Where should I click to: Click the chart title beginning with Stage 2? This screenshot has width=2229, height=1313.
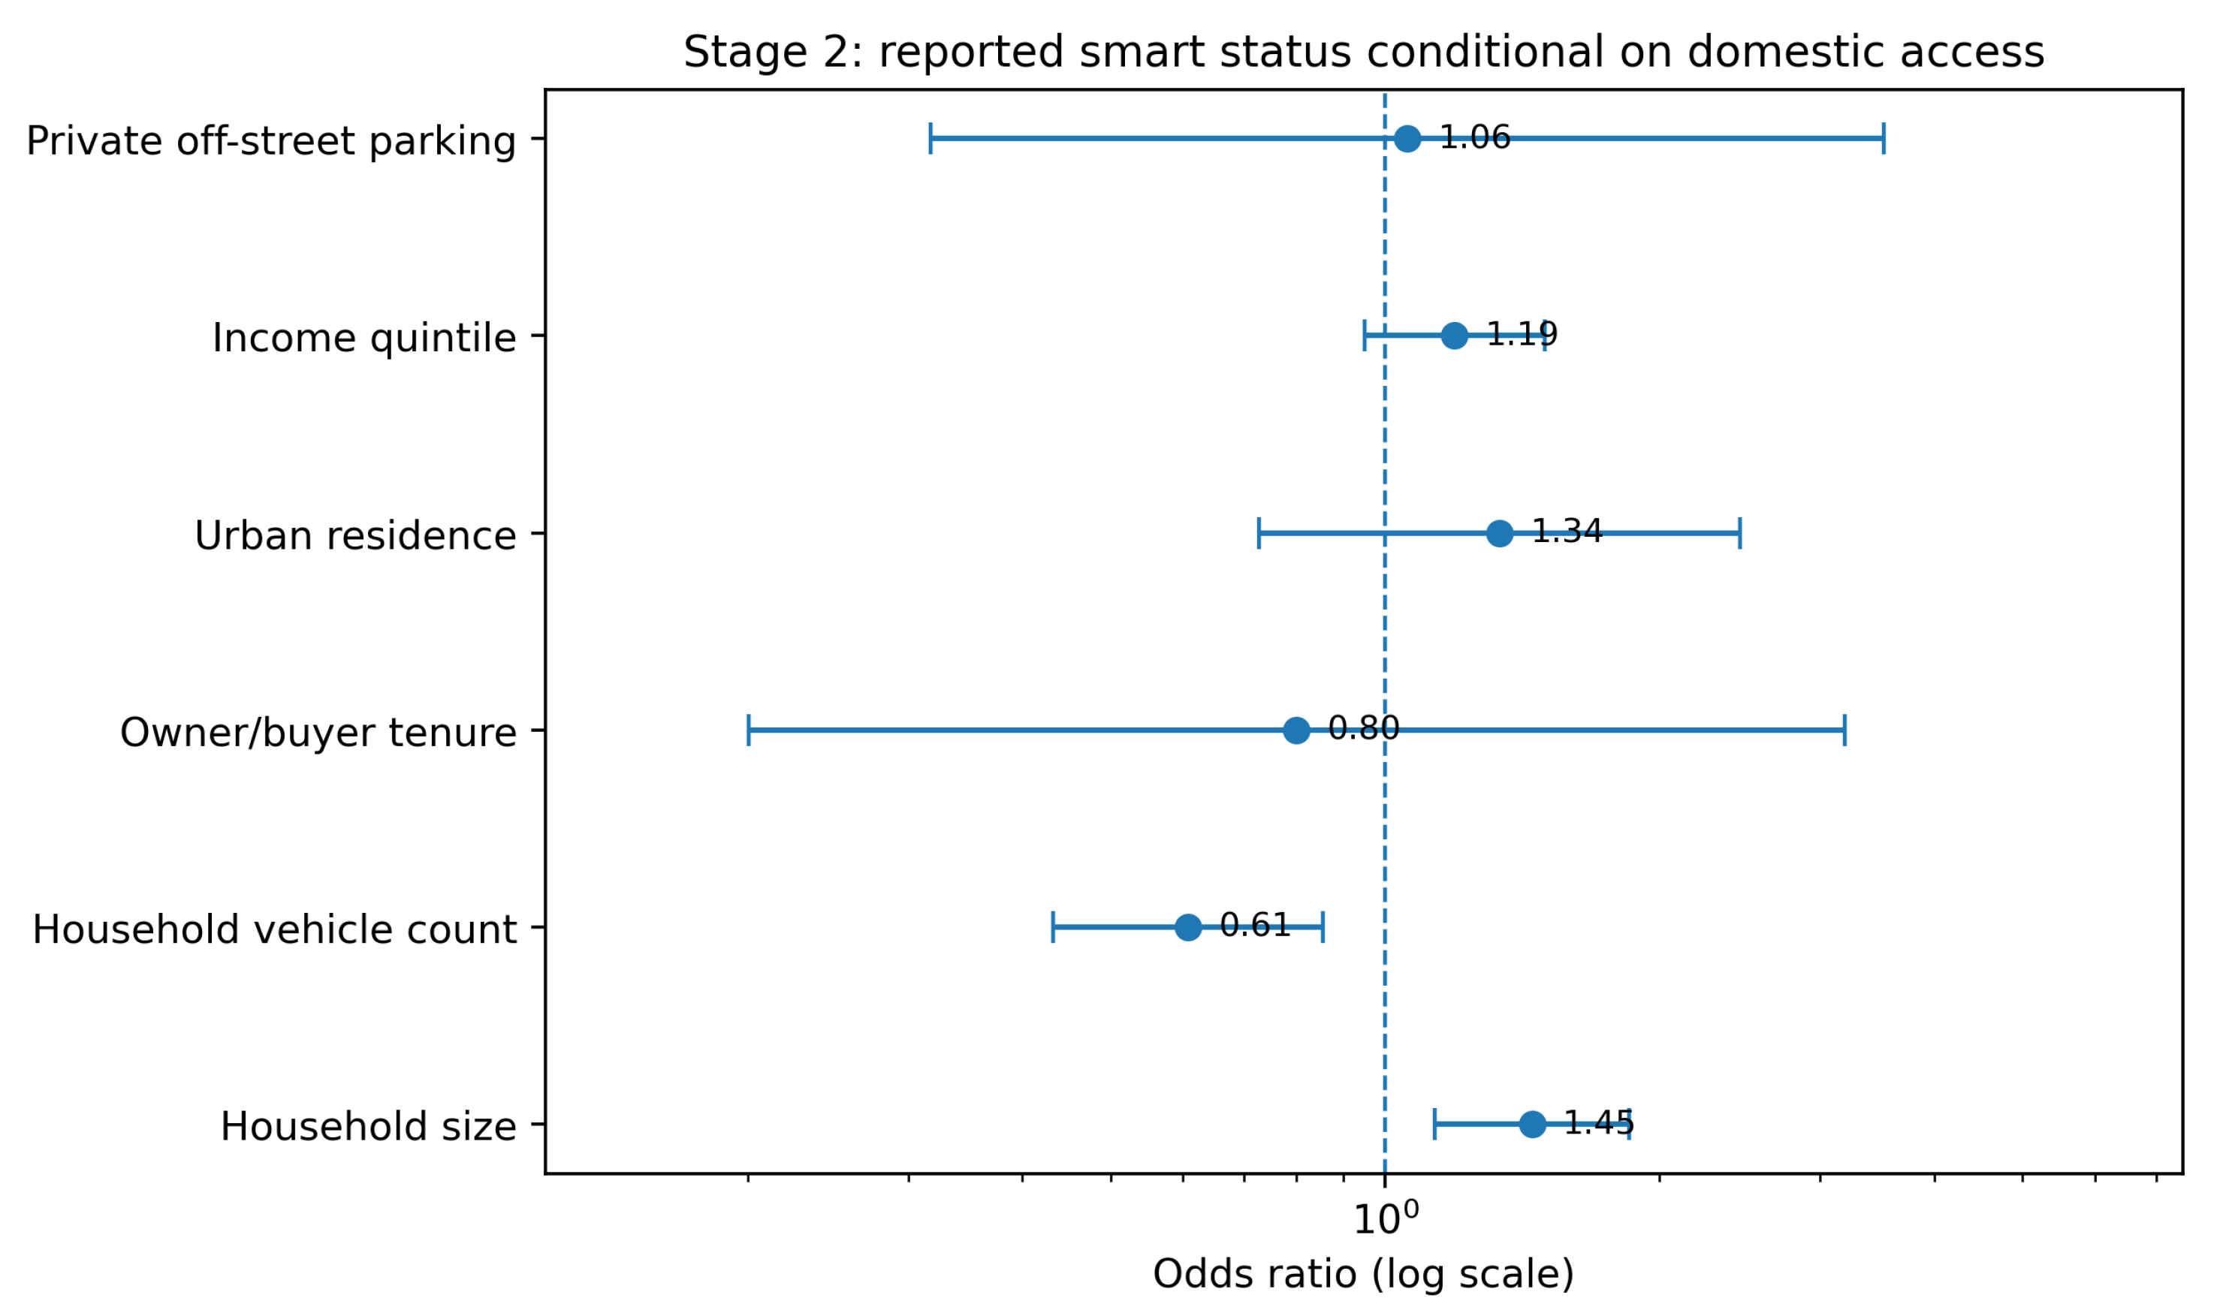pyautogui.click(x=1364, y=53)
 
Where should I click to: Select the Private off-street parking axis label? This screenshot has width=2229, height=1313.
pyautogui.click(x=271, y=142)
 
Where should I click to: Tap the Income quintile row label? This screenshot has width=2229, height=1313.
pyautogui.click(x=363, y=338)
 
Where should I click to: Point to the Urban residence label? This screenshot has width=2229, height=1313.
pyautogui.click(x=354, y=536)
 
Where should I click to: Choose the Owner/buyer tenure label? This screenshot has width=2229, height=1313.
pyautogui.click(x=318, y=733)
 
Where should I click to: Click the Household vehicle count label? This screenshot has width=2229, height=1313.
pyautogui.click(x=274, y=930)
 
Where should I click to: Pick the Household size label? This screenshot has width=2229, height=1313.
pyautogui.click(x=368, y=1128)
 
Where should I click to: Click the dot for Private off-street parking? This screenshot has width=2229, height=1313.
pyautogui.click(x=1407, y=139)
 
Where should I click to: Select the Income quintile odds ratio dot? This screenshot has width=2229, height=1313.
pyautogui.click(x=1454, y=336)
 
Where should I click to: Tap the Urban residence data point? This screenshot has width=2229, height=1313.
pyautogui.click(x=1499, y=534)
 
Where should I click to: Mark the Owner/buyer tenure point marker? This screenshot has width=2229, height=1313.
pyautogui.click(x=1296, y=731)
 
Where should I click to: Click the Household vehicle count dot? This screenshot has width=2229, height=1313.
pyautogui.click(x=1187, y=927)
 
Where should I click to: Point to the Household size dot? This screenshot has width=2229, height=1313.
pyautogui.click(x=1533, y=1125)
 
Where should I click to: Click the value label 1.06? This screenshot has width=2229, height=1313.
pyautogui.click(x=1475, y=137)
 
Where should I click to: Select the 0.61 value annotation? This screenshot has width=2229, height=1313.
pyautogui.click(x=1255, y=926)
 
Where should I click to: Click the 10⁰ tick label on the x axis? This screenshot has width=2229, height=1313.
pyautogui.click(x=1386, y=1219)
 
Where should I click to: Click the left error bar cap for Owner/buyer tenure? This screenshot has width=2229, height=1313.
pyautogui.click(x=749, y=731)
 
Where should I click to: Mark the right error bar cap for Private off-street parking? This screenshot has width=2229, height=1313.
pyautogui.click(x=1884, y=139)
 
